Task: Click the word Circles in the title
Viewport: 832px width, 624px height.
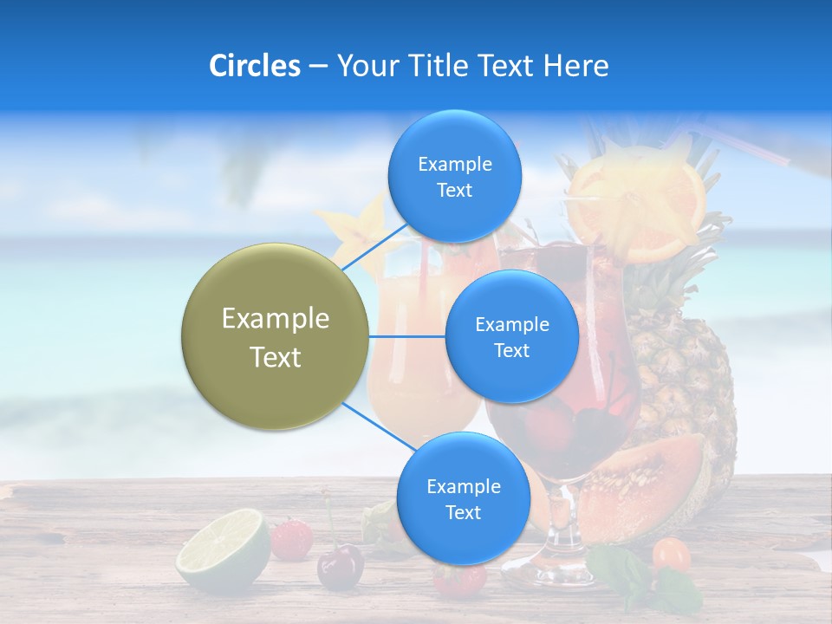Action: click(254, 66)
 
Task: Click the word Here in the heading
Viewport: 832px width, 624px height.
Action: click(576, 66)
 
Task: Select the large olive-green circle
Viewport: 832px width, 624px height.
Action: click(275, 336)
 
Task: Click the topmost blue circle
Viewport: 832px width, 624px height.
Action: click(454, 177)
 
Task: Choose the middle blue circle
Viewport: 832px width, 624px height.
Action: click(511, 336)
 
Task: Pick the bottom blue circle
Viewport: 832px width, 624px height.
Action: click(463, 498)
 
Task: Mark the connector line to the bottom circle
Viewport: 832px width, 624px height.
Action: click(377, 427)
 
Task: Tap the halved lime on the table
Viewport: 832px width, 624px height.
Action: click(224, 550)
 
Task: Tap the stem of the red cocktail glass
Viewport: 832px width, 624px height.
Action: click(555, 520)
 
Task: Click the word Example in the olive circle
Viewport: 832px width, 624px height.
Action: click(275, 319)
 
